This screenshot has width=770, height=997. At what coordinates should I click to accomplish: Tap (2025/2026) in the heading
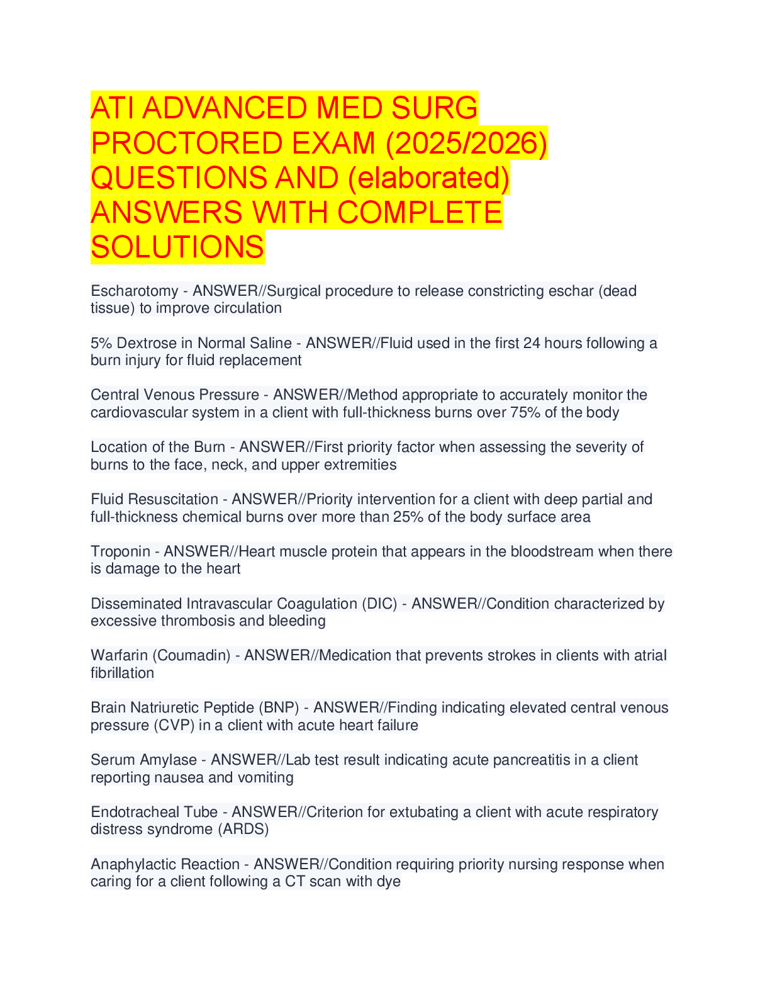click(466, 143)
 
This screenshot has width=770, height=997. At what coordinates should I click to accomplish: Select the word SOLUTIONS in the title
click(177, 247)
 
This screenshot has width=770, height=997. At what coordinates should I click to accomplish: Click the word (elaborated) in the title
click(428, 177)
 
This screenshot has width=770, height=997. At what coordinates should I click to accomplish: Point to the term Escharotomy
click(135, 291)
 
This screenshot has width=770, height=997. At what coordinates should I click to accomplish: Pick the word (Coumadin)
click(191, 655)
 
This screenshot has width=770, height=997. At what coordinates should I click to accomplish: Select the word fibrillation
click(122, 673)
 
